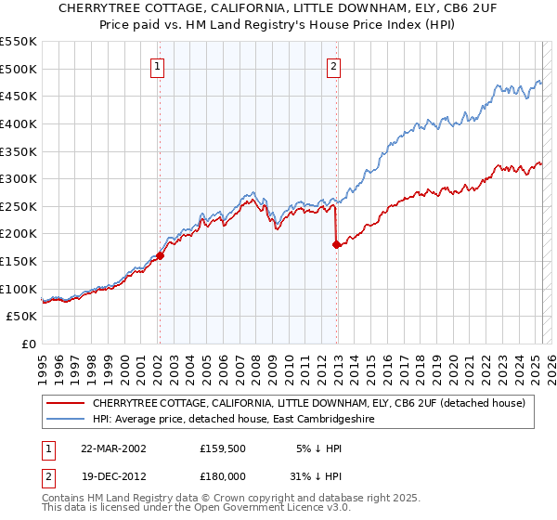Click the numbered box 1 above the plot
click(x=159, y=66)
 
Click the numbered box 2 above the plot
click(x=332, y=66)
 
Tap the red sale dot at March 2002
click(x=160, y=255)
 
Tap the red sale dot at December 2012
click(x=336, y=244)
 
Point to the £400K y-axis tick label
click(x=19, y=123)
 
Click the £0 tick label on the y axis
click(x=28, y=344)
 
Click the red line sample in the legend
click(x=64, y=403)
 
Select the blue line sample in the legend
click(x=64, y=419)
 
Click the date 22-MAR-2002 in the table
click(x=114, y=447)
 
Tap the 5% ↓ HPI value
click(x=320, y=447)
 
